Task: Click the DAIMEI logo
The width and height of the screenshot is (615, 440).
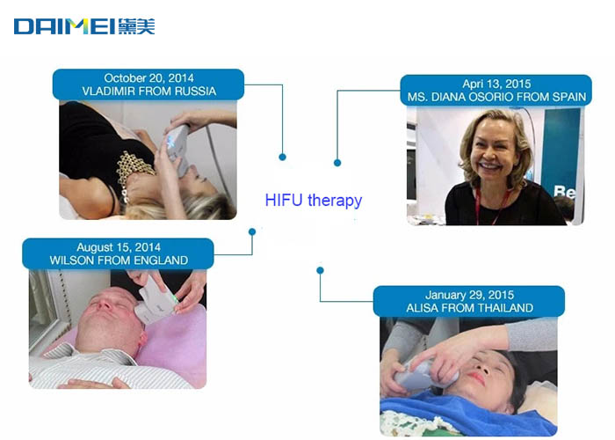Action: pyautogui.click(x=84, y=26)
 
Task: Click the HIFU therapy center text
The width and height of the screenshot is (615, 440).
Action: pyautogui.click(x=314, y=201)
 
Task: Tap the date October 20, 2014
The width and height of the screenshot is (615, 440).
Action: pyautogui.click(x=148, y=77)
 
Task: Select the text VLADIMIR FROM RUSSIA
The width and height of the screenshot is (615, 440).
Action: pyautogui.click(x=149, y=92)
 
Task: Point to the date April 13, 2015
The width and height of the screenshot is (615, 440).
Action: pyautogui.click(x=496, y=84)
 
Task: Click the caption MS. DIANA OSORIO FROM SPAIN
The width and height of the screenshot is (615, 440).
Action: pyautogui.click(x=496, y=97)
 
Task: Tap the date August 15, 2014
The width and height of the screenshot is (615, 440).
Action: pyautogui.click(x=119, y=247)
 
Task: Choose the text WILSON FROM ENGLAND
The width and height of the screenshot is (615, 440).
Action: pyautogui.click(x=119, y=260)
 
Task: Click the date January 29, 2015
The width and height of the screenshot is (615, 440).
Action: pyautogui.click(x=469, y=295)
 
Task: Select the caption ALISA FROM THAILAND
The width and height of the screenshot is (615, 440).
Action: pyautogui.click(x=469, y=308)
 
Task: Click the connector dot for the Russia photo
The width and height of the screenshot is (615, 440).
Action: pyautogui.click(x=282, y=158)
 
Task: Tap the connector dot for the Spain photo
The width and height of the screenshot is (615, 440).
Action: pyautogui.click(x=337, y=163)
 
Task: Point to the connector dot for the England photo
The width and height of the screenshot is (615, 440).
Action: pyautogui.click(x=252, y=231)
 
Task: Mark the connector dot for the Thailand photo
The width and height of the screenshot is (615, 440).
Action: pyautogui.click(x=320, y=270)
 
